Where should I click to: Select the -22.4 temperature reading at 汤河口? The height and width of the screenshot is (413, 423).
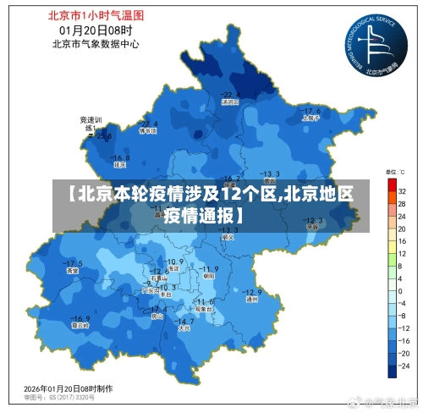[x=230, y=94]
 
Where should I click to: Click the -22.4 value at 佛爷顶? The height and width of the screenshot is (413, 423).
[x=149, y=124]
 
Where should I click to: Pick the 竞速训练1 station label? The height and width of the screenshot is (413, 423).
[x=91, y=124]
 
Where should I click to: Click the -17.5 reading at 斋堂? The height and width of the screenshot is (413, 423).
[x=74, y=263]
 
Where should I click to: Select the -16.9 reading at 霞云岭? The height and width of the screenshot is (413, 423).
[x=81, y=316]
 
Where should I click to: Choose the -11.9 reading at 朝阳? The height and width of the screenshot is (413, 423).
[x=209, y=269]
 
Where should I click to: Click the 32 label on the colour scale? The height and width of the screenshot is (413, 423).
[x=403, y=191]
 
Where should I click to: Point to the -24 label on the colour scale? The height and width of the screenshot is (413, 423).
[x=404, y=366]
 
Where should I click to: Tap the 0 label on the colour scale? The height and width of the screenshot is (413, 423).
[x=400, y=291]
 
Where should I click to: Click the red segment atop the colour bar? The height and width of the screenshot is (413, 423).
[x=392, y=185]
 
